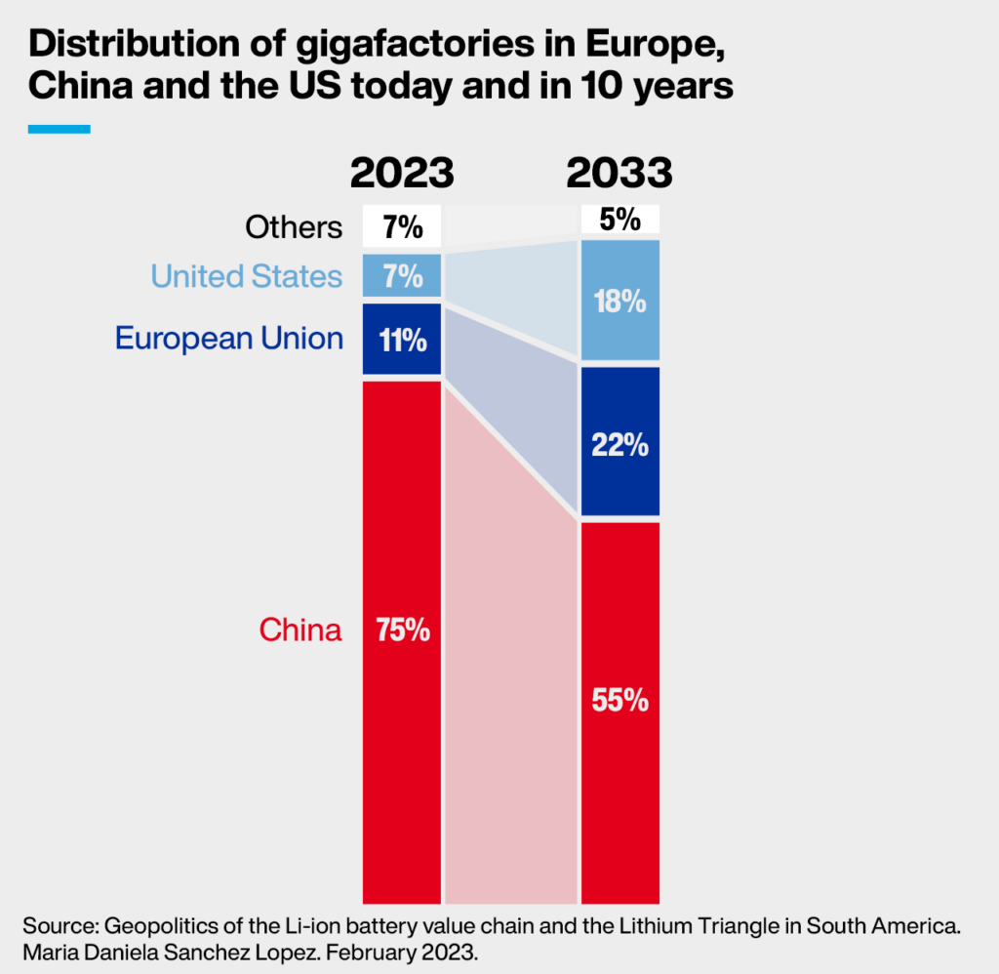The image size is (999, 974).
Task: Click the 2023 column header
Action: [402, 173]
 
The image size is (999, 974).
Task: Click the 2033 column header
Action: [620, 173]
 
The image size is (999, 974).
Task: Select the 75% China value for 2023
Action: [402, 630]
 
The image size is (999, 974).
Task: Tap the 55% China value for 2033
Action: [620, 701]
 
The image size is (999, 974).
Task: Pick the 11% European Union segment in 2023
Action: [402, 339]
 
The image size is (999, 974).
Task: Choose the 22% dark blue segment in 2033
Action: [620, 445]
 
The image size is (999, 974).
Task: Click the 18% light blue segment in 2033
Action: [620, 302]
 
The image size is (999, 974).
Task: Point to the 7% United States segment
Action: [402, 276]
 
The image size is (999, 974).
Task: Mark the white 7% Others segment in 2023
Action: [402, 227]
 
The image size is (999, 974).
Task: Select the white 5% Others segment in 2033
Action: [620, 220]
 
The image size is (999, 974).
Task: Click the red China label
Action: [300, 630]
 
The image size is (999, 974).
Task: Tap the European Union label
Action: [229, 339]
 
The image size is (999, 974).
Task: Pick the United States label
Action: [247, 276]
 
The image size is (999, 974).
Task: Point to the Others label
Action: [294, 227]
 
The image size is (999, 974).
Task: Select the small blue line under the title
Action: [59, 129]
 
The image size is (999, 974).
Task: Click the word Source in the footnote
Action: [57, 924]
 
